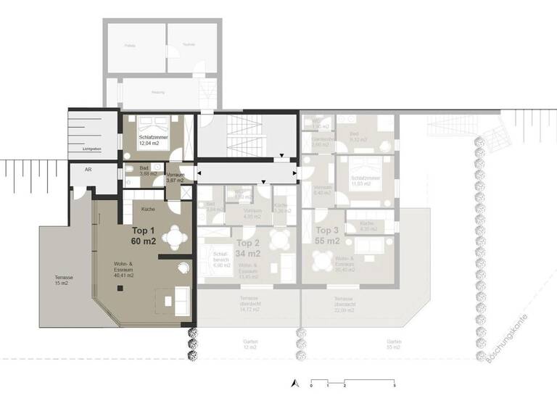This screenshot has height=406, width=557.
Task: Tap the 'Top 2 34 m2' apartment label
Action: click(249, 249)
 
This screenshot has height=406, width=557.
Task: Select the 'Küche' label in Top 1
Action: click(147, 209)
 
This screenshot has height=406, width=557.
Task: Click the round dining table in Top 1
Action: click(174, 236)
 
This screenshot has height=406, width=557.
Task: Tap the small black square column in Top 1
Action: click(120, 288)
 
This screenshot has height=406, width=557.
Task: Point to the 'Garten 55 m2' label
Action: click(395, 345)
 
